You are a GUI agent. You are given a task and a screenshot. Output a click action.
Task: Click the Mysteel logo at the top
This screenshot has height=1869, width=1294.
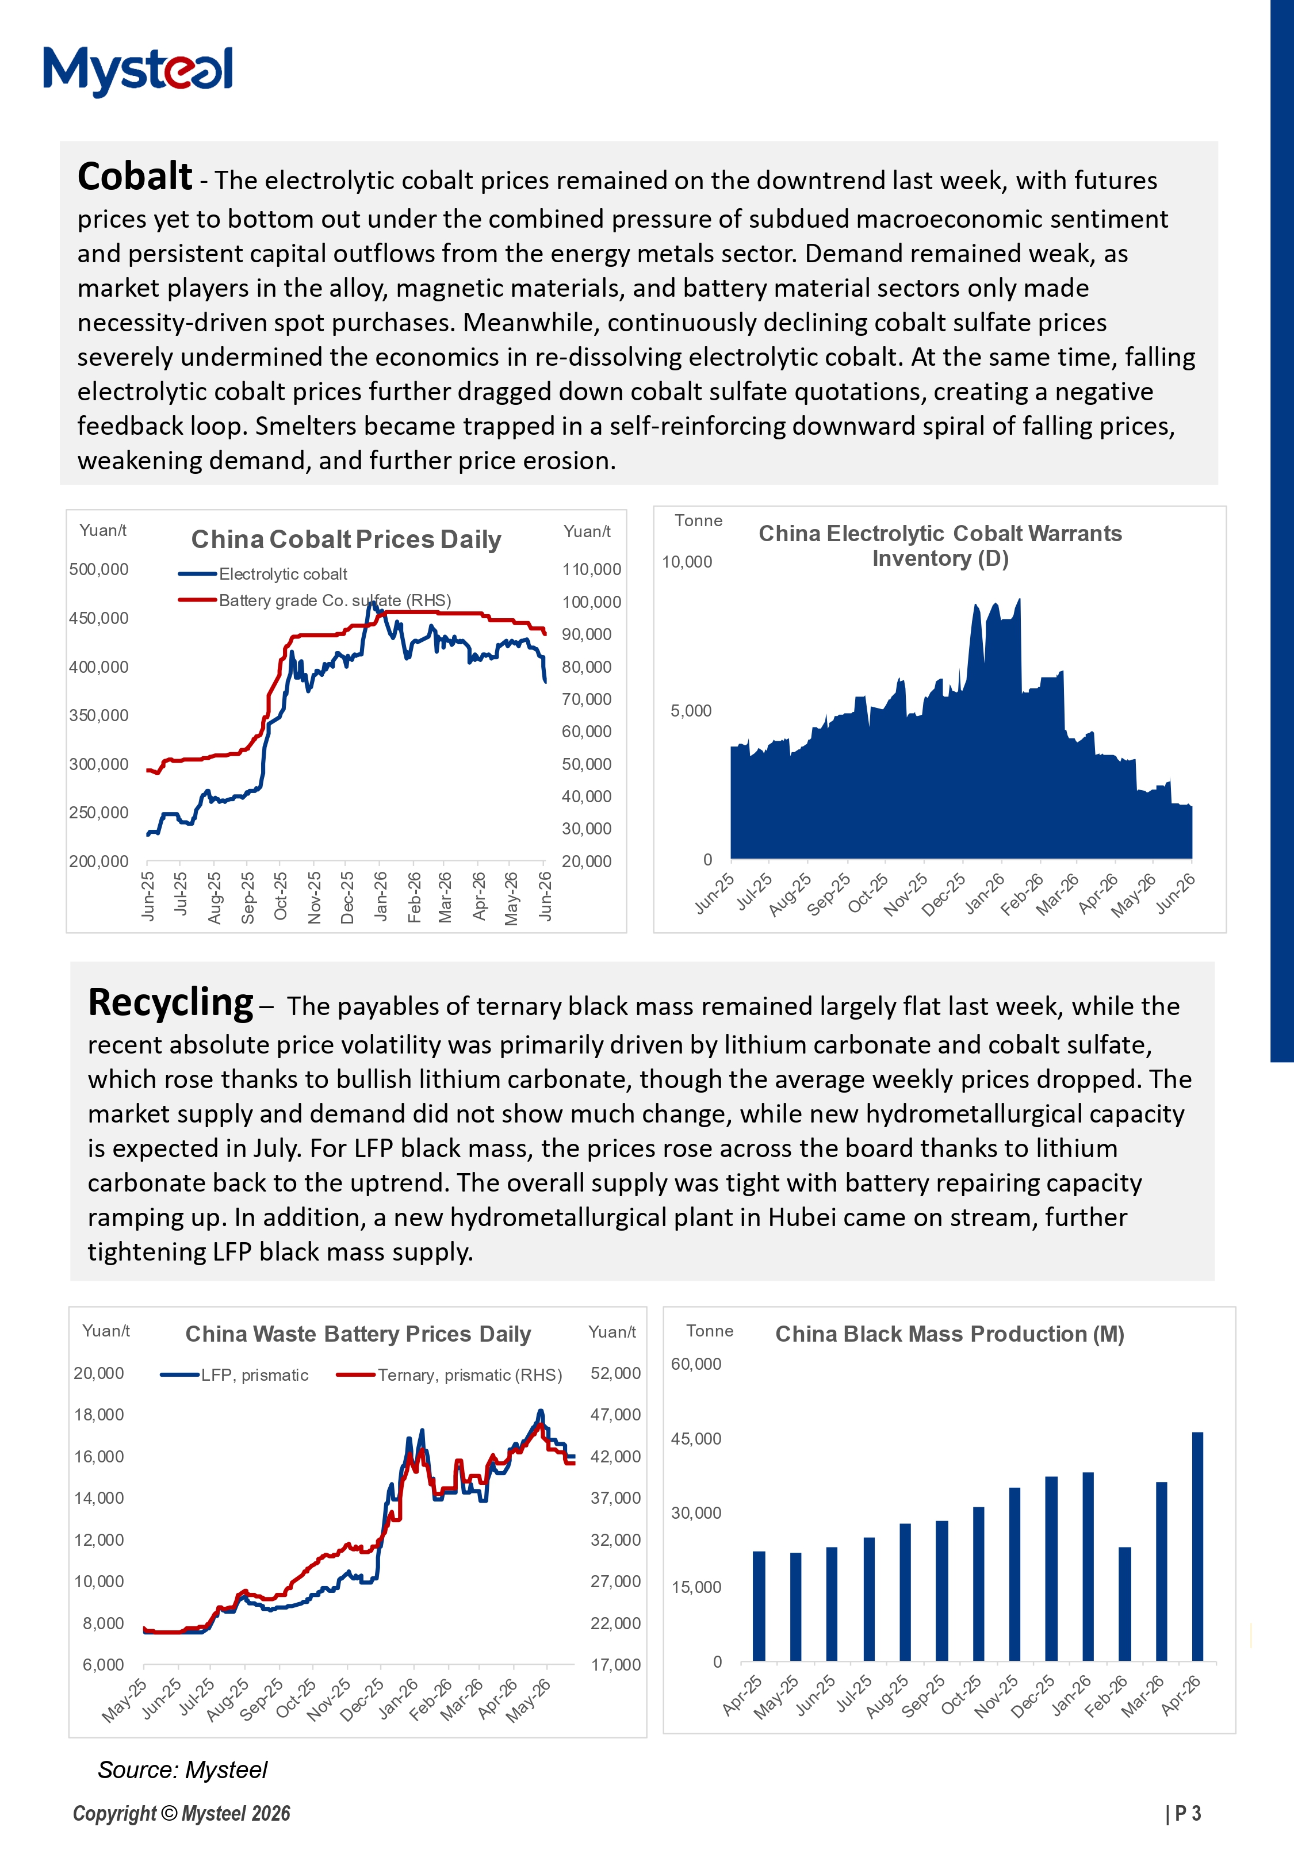coord(138,71)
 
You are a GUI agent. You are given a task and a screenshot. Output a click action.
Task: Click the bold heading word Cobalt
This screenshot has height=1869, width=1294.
coord(135,176)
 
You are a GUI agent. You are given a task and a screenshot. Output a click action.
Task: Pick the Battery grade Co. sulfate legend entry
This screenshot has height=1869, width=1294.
coord(315,600)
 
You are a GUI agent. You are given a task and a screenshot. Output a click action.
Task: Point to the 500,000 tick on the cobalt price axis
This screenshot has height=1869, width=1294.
coord(99,570)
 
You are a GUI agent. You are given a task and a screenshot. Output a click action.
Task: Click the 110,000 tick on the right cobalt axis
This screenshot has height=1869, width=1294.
coord(592,570)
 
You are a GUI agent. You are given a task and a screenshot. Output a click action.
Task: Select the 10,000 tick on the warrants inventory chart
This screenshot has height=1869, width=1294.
coord(687,562)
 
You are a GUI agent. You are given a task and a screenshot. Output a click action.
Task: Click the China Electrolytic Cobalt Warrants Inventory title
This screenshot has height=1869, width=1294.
coord(940,546)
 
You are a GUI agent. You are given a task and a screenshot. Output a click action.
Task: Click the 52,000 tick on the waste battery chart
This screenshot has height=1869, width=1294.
coord(615,1373)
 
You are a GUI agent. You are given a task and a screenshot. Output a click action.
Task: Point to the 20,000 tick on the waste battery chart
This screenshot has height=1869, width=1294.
coord(99,1373)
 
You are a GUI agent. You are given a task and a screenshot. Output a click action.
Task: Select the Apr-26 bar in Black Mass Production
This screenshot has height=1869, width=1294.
coord(1197,1546)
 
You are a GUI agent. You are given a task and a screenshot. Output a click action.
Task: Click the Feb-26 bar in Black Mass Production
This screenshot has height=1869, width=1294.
coord(1124,1604)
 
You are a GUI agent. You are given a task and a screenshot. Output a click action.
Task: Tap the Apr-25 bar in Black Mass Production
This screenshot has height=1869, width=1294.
coord(759,1606)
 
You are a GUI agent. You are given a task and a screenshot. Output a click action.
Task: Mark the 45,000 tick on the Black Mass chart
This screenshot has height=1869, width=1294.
coord(696,1439)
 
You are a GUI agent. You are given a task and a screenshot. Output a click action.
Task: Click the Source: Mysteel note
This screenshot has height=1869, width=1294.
coord(182,1770)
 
